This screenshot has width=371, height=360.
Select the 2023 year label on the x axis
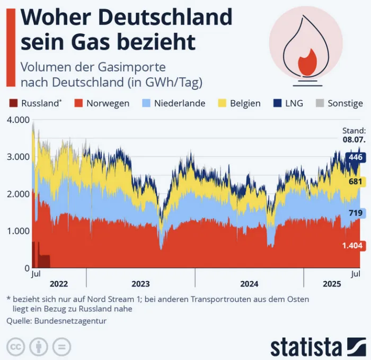[140, 283]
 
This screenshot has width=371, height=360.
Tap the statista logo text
[306, 347]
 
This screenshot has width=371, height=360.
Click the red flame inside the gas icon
[307, 62]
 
